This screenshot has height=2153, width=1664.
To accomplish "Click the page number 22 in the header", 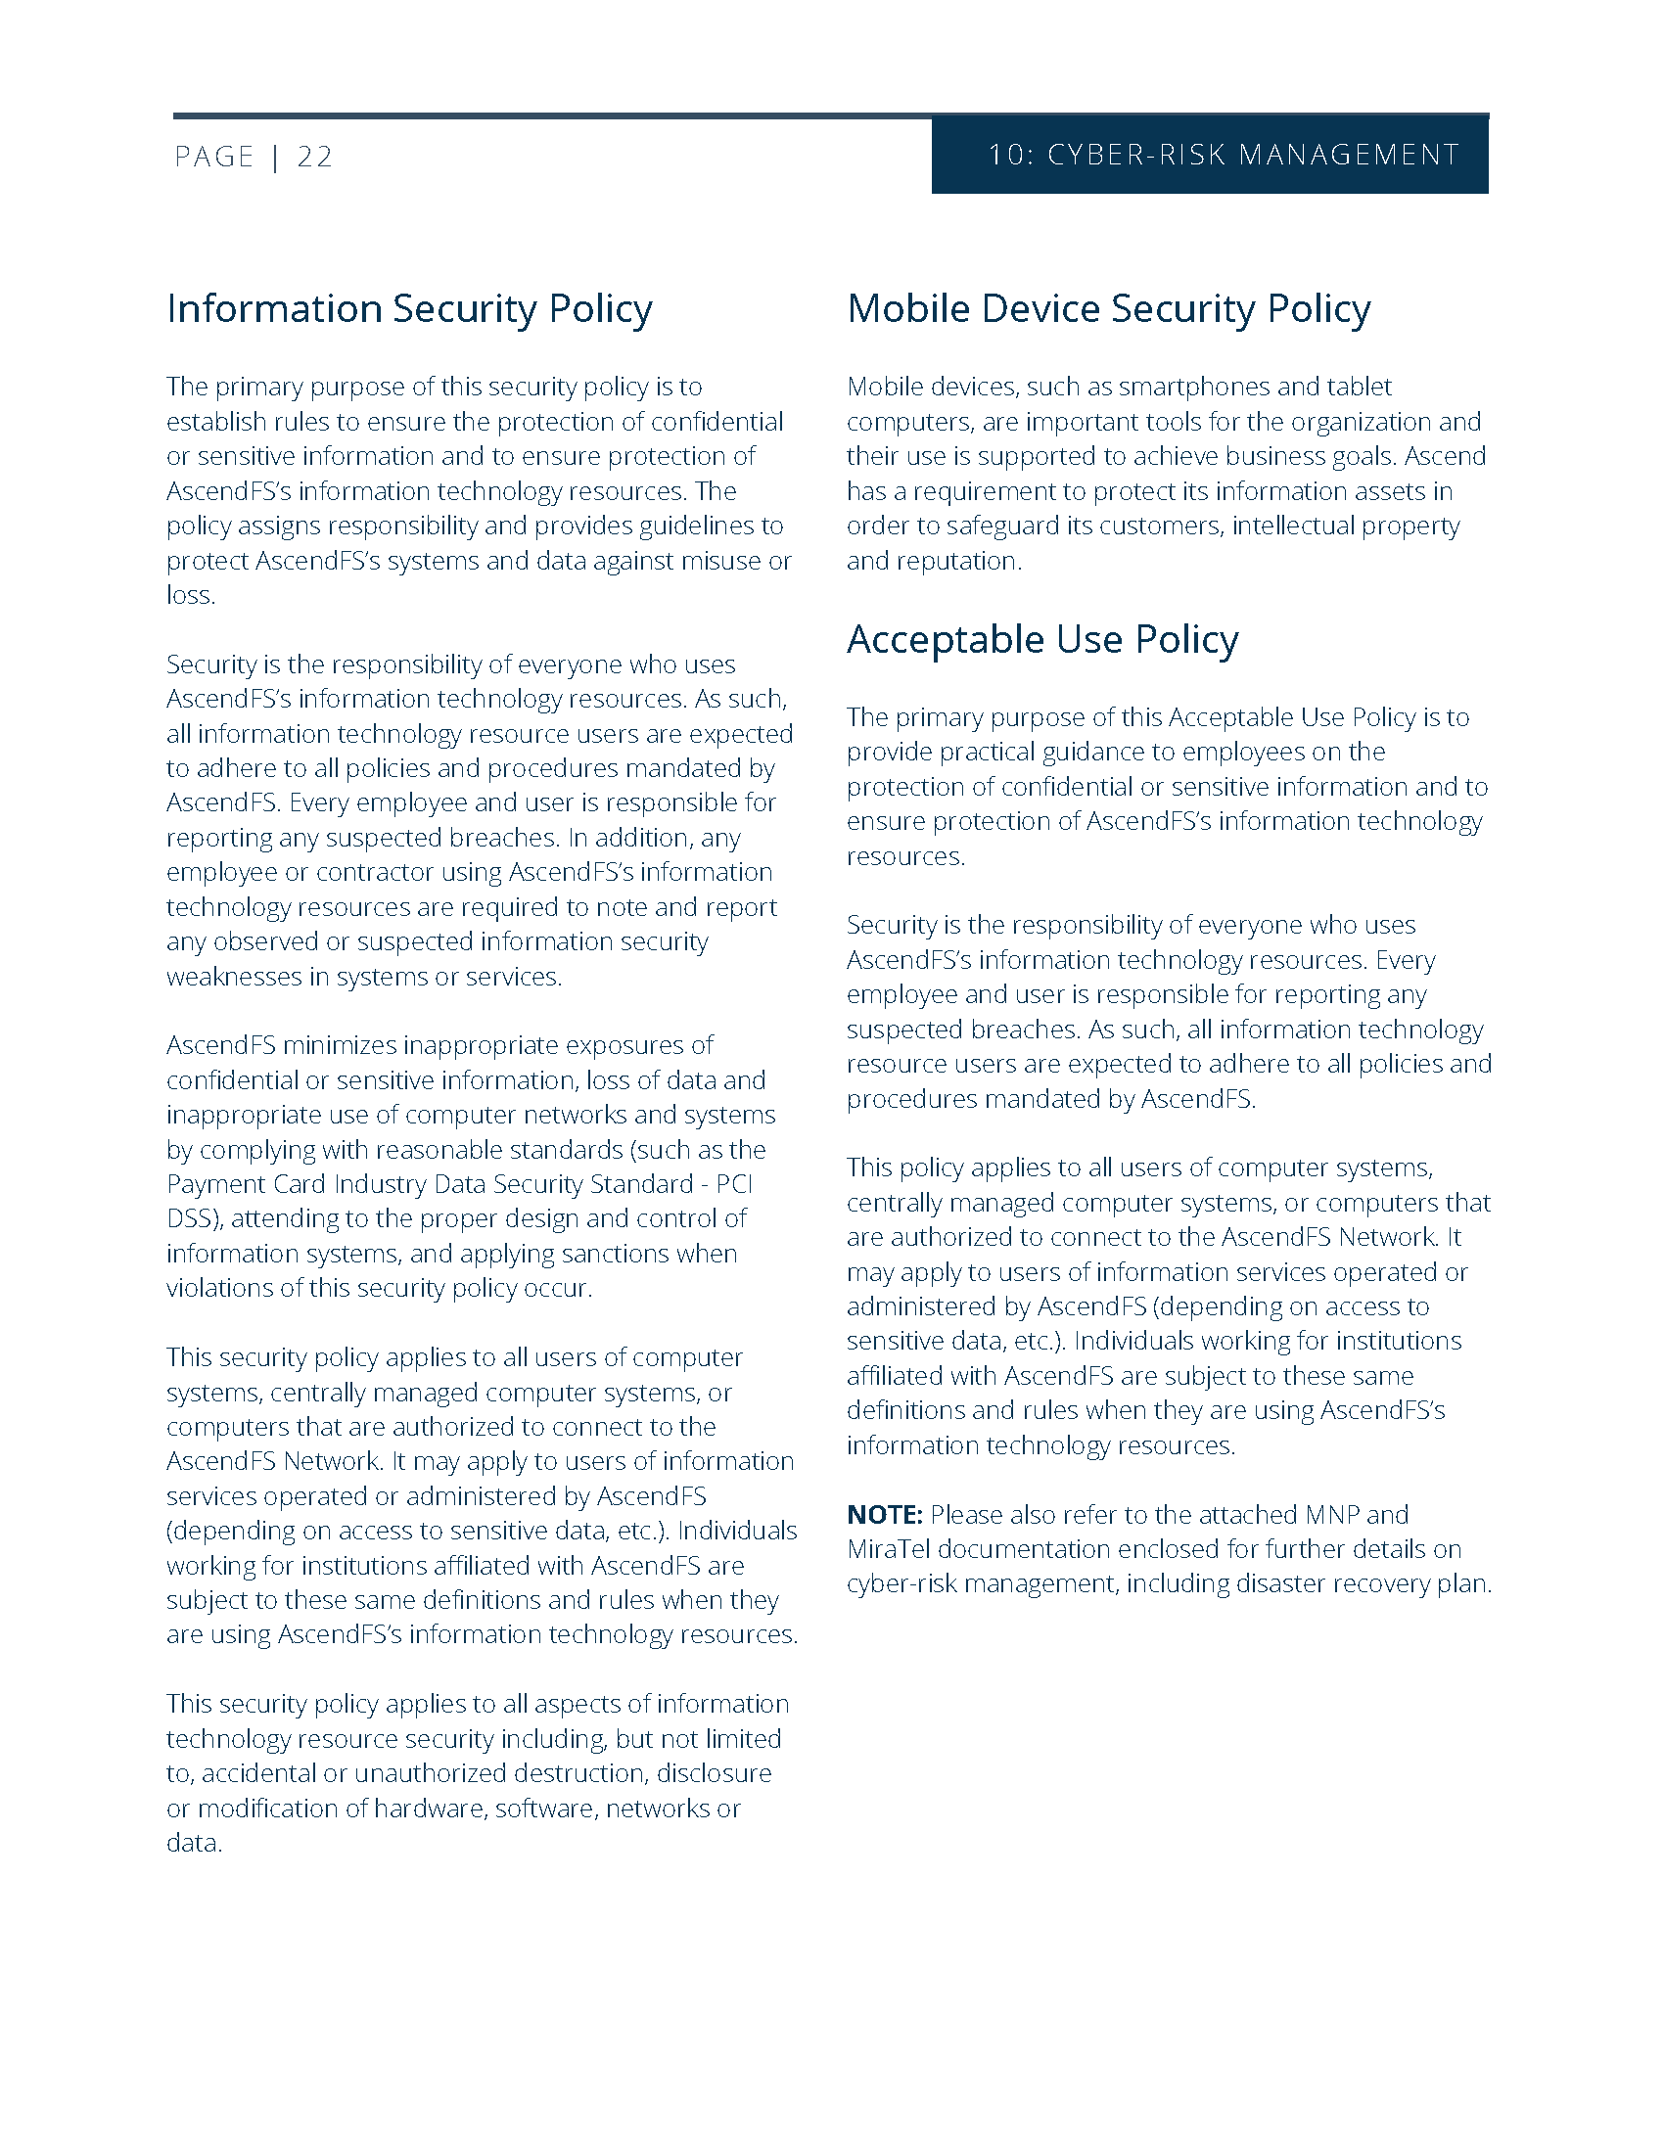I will [x=314, y=157].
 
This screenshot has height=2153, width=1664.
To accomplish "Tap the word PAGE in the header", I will [x=214, y=157].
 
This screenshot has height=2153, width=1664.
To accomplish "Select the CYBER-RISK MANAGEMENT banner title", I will [x=1253, y=155].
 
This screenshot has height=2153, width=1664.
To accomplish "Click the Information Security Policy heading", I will [x=409, y=308].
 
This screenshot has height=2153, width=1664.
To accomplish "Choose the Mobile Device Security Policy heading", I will [x=1108, y=308].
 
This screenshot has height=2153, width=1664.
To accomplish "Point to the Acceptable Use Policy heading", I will [x=1042, y=639].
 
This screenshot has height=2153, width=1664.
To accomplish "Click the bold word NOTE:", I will [x=884, y=1514].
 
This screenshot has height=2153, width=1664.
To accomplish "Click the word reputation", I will [x=955, y=561].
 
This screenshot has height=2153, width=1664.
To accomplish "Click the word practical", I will [x=985, y=752].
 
